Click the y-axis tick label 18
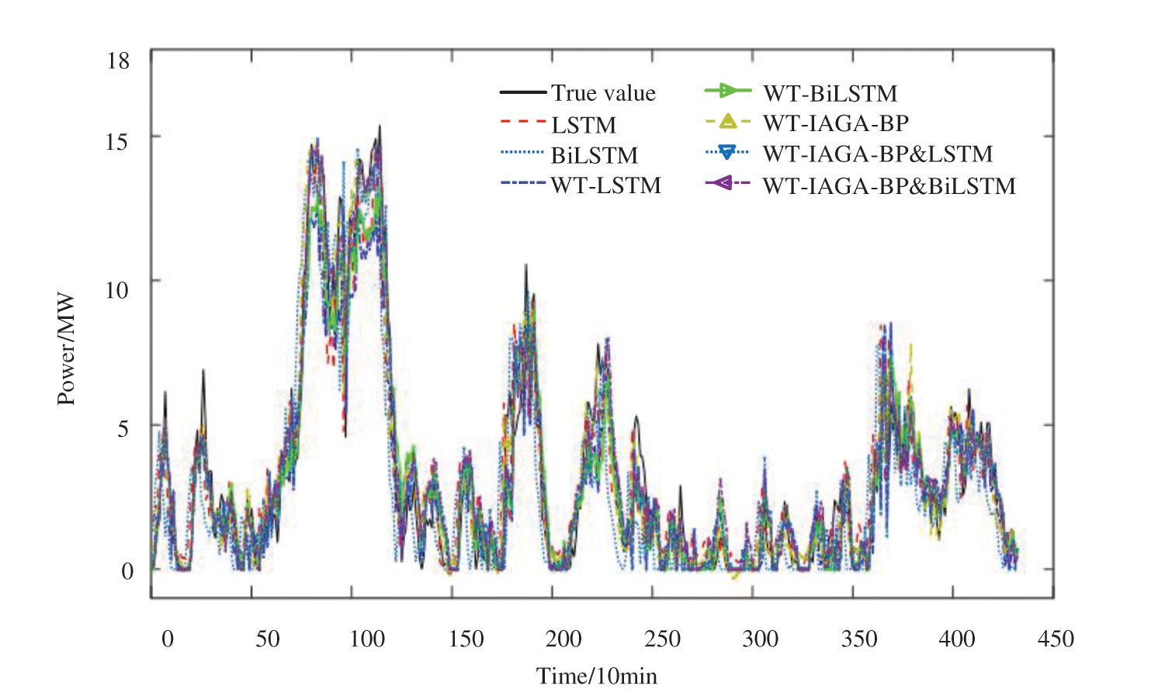[x=118, y=61]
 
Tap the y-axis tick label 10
[x=116, y=290]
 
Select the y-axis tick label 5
[x=123, y=428]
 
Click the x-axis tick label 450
[x=1056, y=639]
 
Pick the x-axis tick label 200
[x=563, y=639]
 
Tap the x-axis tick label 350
[x=859, y=639]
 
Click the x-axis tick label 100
[x=367, y=639]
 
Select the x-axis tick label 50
[x=267, y=639]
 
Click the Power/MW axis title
[x=66, y=349]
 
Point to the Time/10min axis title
[x=596, y=676]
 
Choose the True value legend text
[x=603, y=93]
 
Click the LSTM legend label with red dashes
[x=584, y=125]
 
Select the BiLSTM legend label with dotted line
[x=595, y=155]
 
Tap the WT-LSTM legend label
[x=605, y=185]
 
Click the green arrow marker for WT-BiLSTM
[x=727, y=91]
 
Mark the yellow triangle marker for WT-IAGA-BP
[x=727, y=121]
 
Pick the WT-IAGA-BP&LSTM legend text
[x=877, y=154]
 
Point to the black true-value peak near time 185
[x=525, y=266]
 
